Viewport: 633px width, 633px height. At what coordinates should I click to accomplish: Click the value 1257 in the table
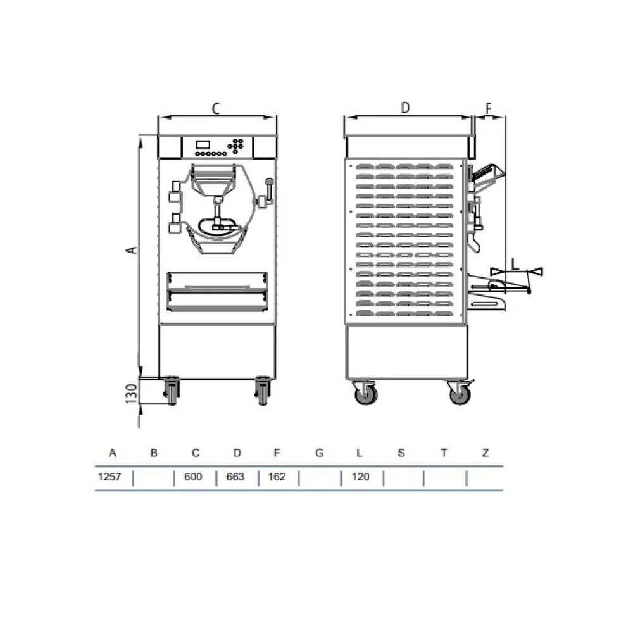[109, 477]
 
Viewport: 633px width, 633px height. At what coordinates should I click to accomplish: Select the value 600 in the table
[193, 477]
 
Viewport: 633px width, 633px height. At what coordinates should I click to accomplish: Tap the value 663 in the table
[235, 477]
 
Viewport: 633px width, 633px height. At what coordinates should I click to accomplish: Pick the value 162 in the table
[277, 477]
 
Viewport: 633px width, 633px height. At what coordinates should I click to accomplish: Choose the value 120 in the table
[360, 477]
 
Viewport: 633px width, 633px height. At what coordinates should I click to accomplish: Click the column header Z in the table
[485, 453]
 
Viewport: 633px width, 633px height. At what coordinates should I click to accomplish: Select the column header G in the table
[319, 453]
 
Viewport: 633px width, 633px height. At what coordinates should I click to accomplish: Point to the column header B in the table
[153, 453]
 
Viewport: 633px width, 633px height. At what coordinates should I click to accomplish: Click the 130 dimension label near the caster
[131, 394]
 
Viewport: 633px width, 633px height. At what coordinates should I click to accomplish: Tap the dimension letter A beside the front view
[131, 251]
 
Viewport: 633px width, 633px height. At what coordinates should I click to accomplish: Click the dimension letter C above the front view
[215, 109]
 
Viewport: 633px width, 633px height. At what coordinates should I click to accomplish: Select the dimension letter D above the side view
[406, 108]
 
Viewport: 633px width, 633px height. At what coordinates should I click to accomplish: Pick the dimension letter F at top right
[489, 108]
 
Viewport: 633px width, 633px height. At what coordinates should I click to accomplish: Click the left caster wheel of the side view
[365, 395]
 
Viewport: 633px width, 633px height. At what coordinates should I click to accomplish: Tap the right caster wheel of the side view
[460, 395]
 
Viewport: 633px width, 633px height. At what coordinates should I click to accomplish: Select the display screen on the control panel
[203, 144]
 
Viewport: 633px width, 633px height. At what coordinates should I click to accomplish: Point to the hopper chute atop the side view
[487, 173]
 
